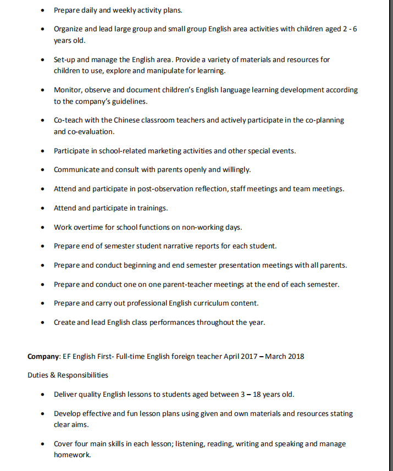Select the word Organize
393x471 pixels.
click(70, 29)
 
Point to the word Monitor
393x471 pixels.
click(68, 90)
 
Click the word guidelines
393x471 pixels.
click(130, 102)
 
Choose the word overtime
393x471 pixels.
click(90, 227)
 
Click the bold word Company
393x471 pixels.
click(43, 356)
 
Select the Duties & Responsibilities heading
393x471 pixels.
click(68, 375)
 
